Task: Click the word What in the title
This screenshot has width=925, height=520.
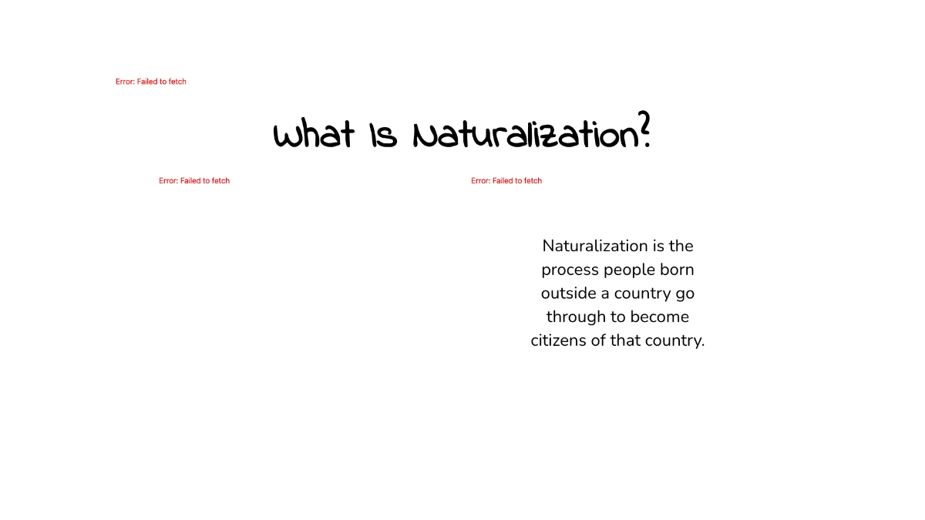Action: [314, 136]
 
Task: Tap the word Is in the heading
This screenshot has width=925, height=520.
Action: [382, 136]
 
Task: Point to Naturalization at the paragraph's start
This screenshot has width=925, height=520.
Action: [594, 247]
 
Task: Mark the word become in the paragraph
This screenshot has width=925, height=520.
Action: [659, 317]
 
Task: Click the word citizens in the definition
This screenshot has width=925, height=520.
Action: [559, 341]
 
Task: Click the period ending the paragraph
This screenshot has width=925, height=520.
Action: [703, 344]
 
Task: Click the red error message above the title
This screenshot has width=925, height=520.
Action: [151, 82]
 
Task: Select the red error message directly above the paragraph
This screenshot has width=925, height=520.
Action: [506, 181]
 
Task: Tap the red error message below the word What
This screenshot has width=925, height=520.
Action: [194, 181]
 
